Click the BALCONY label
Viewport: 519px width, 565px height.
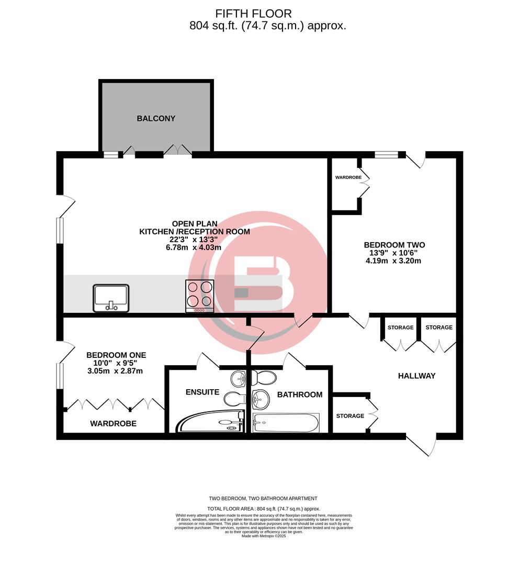pyautogui.click(x=156, y=119)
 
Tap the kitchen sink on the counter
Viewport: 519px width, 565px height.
pyautogui.click(x=111, y=297)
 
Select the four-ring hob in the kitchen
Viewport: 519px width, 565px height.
pyautogui.click(x=200, y=296)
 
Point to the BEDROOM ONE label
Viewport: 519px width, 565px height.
pyautogui.click(x=116, y=355)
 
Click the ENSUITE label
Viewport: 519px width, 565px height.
pyautogui.click(x=201, y=392)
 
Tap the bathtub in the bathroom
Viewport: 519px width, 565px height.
pyautogui.click(x=285, y=422)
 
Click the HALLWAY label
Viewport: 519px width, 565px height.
pyautogui.click(x=416, y=376)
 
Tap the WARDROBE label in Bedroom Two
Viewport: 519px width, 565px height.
pyautogui.click(x=348, y=178)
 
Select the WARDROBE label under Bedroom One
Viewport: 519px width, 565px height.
pyautogui.click(x=113, y=424)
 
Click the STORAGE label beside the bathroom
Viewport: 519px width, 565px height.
pyautogui.click(x=350, y=416)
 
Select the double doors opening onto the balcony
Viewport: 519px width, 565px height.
pyautogui.click(x=178, y=151)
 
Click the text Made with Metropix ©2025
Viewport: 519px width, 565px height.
pyautogui.click(x=264, y=536)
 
